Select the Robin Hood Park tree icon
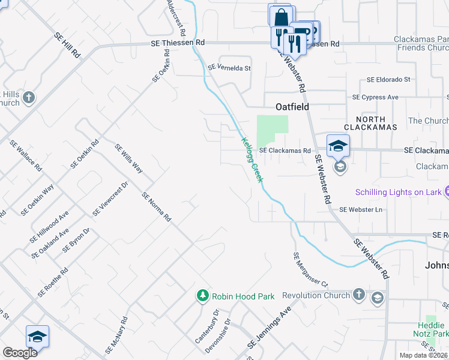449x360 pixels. pos(203,296)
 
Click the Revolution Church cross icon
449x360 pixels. pos(358,295)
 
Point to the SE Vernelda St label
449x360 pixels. pos(229,68)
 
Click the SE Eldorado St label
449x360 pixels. pos(388,79)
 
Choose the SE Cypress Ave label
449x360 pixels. pos(375,97)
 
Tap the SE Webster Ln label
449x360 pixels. pos(360,209)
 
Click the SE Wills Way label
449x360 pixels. pos(128,159)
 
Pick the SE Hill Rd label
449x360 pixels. pos(67,45)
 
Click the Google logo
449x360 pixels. pos(20,353)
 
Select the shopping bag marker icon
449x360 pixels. pos(280,17)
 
